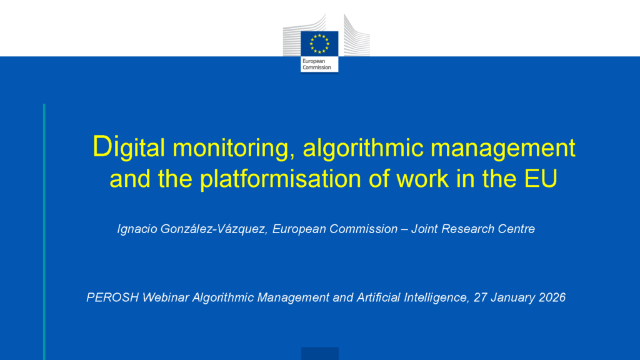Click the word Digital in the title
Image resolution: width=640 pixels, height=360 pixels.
pyautogui.click(x=129, y=147)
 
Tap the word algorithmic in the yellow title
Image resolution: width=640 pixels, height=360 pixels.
pyautogui.click(x=363, y=147)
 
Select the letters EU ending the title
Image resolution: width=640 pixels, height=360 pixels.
pyautogui.click(x=541, y=178)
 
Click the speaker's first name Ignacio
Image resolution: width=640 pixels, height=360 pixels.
pyautogui.click(x=137, y=229)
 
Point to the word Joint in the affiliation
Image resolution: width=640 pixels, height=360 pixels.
pyautogui.click(x=424, y=229)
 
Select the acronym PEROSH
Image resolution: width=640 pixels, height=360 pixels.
pyautogui.click(x=112, y=297)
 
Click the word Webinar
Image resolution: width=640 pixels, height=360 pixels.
pyautogui.click(x=165, y=297)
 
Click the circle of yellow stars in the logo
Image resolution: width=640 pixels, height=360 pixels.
pyautogui.click(x=319, y=44)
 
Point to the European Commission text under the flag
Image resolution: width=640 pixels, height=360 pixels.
pyautogui.click(x=317, y=64)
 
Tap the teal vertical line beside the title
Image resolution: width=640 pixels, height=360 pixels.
pyautogui.click(x=44, y=232)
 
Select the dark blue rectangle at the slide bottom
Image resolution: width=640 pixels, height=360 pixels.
pyautogui.click(x=320, y=354)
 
